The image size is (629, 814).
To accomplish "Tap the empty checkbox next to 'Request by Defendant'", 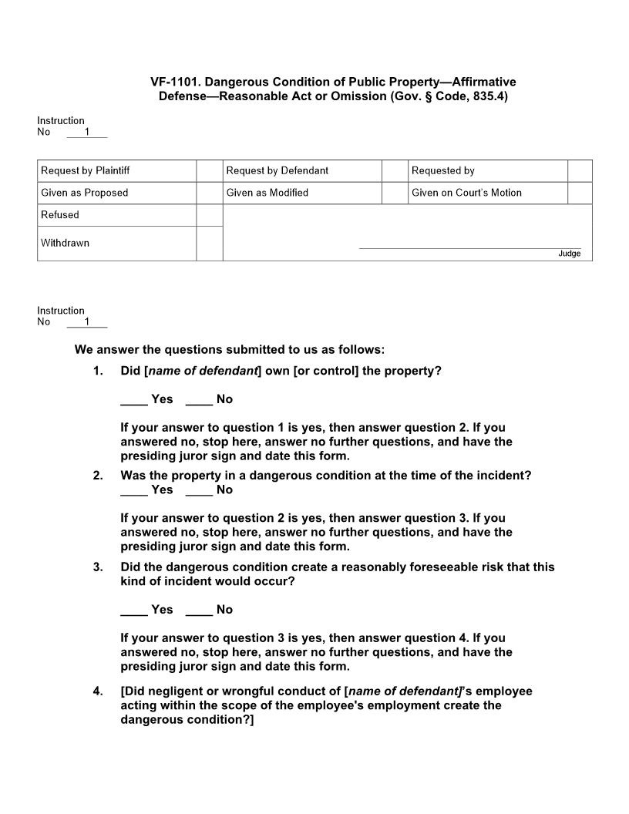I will point(395,170).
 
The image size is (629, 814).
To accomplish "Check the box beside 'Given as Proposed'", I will point(209,193).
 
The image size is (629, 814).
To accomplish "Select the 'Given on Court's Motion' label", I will point(466,193).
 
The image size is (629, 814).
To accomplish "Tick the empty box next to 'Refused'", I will point(209,215).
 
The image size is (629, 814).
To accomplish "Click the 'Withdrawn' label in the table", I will point(66,243).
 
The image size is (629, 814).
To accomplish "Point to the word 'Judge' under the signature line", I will point(570,254).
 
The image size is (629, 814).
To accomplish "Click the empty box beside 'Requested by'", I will point(580,170).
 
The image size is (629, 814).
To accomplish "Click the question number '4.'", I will point(98,691).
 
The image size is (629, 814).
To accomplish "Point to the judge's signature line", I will point(469,247).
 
